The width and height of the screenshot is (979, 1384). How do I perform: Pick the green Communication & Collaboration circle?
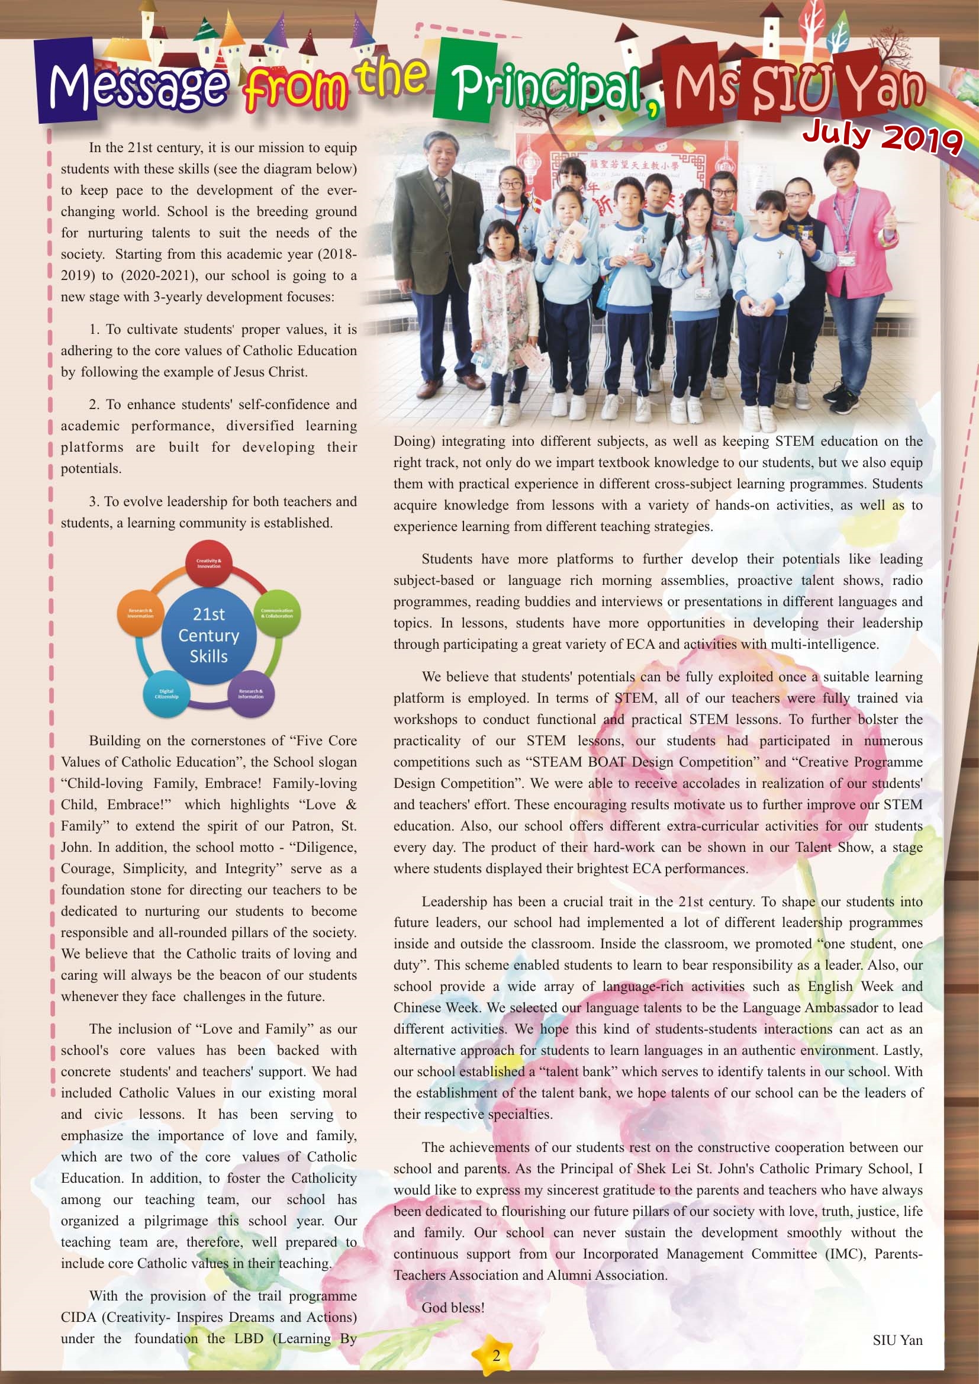point(276,613)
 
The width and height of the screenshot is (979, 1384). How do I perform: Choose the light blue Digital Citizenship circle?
point(166,694)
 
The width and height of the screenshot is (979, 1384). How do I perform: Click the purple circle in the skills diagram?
point(251,694)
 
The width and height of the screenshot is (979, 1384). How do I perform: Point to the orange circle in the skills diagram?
point(140,613)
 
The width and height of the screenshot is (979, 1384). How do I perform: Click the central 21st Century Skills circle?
point(208,635)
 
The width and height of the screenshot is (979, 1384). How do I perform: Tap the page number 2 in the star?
point(496,1356)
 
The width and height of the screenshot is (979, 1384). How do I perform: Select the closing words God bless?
point(453,1308)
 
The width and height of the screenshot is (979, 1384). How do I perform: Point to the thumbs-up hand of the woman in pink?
point(889,227)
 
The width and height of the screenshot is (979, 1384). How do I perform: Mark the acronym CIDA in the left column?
point(78,1317)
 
